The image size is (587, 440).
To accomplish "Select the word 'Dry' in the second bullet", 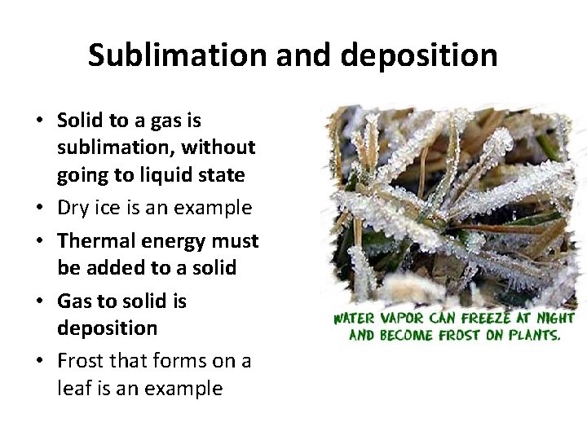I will (x=73, y=208).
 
